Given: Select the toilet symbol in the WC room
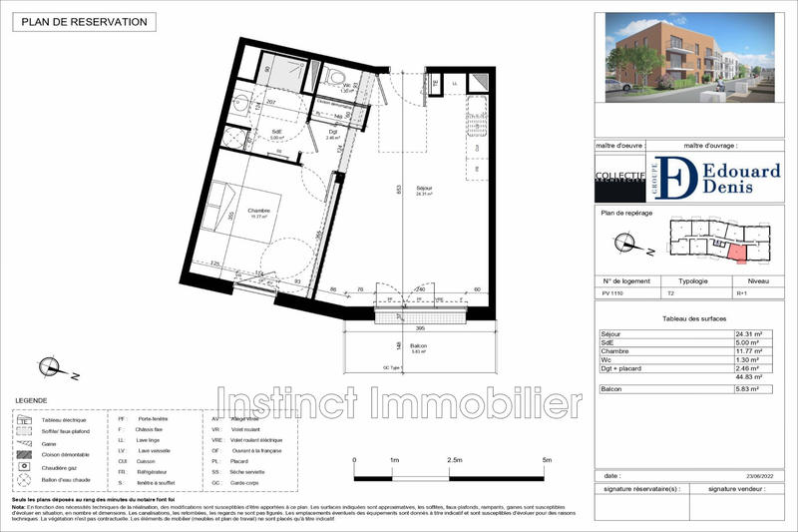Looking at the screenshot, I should tap(336, 77).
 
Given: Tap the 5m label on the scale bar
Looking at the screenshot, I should tap(547, 460).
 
